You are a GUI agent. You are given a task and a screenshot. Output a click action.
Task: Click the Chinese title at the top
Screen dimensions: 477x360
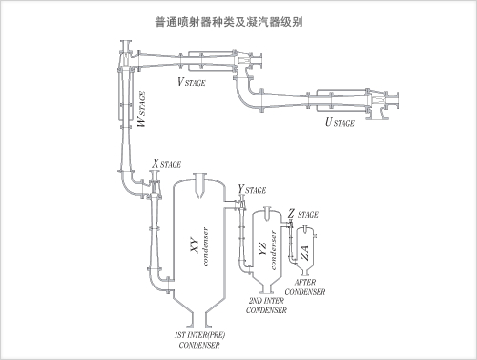229,22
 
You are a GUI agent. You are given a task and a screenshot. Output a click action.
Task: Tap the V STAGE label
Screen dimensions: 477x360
192,82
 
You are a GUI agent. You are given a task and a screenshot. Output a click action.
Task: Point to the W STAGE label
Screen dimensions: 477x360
141,109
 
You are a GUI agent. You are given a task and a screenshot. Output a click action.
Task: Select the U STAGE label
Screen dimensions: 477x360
340,122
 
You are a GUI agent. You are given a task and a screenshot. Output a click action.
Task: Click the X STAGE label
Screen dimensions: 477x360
166,163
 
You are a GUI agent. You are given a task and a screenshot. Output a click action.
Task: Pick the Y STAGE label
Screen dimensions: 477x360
252,189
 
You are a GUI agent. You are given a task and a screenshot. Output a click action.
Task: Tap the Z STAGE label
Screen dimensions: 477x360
302,214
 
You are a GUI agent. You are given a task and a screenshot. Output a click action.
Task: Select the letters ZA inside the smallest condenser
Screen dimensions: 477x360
304,253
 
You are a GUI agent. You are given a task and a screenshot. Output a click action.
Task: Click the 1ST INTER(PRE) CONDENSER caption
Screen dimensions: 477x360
199,340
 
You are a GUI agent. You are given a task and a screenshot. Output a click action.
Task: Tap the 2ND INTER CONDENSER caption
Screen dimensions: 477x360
266,306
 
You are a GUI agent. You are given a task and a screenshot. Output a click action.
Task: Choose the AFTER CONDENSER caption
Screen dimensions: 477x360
305,287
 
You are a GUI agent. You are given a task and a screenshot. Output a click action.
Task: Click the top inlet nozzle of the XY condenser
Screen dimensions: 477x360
200,185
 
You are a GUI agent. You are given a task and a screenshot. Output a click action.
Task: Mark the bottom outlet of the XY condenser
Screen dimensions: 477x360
199,319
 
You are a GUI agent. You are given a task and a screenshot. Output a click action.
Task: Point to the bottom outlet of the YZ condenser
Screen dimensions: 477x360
266,288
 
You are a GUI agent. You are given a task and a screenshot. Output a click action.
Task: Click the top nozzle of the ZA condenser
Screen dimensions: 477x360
305,229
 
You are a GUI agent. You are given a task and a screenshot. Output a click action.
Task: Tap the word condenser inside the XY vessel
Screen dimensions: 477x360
206,246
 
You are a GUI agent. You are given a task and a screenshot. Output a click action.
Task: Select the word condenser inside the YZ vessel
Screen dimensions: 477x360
273,250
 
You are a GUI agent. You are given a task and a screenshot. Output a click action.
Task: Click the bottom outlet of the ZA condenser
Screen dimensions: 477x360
305,272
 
